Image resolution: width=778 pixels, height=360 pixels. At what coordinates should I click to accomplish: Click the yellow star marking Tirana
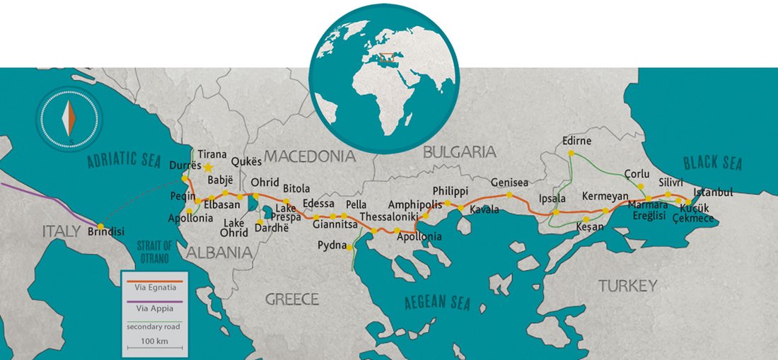coord(208,168)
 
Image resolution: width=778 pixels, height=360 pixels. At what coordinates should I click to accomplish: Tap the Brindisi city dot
coord(101,226)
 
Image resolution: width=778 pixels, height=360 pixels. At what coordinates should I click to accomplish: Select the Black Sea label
coord(714,163)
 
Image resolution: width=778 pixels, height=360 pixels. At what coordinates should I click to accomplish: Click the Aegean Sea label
coord(436,302)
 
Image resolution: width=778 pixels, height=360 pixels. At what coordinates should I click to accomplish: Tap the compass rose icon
coord(69,118)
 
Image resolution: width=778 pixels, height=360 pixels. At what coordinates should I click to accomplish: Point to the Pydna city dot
coord(350,247)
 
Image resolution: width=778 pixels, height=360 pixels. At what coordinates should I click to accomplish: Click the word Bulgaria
coord(459,151)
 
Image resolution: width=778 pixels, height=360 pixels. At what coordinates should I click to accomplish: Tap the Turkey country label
coord(627,286)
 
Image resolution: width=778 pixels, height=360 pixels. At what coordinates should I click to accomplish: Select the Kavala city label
coord(484,210)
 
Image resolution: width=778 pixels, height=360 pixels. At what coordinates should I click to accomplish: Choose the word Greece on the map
coord(292,299)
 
